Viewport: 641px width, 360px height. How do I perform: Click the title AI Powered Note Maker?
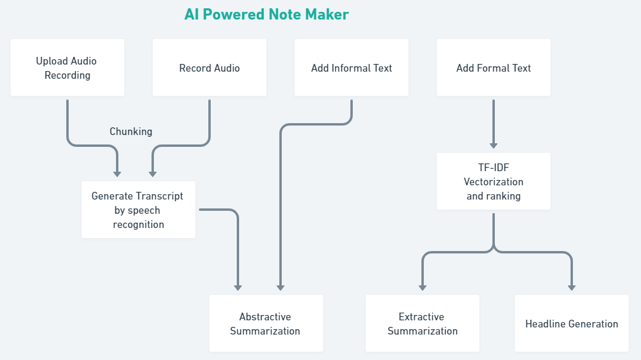[266, 14]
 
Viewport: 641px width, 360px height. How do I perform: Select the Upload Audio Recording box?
[67, 67]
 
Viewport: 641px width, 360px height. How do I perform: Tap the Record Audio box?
[210, 67]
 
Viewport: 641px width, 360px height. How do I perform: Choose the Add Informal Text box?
[352, 67]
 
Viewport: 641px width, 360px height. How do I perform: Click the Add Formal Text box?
[494, 67]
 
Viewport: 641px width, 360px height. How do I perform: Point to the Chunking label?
[131, 131]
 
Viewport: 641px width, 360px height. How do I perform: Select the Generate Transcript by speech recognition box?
[138, 210]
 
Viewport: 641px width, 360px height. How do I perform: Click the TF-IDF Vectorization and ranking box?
[494, 181]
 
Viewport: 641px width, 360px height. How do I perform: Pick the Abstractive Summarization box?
[266, 323]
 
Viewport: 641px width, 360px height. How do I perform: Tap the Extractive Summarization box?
[423, 323]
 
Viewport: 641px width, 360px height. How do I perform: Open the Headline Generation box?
[572, 323]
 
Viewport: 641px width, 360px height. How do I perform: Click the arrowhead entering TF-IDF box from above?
[494, 146]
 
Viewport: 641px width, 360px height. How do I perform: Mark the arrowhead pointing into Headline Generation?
[572, 287]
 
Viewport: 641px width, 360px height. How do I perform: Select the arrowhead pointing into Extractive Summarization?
[423, 287]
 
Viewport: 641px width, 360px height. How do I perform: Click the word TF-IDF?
[494, 168]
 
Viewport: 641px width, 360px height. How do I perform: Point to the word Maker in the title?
[327, 14]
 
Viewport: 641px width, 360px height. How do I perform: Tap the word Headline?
[545, 324]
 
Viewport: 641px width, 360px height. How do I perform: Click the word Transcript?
[160, 196]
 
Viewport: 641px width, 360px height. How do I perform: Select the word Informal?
[353, 68]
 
